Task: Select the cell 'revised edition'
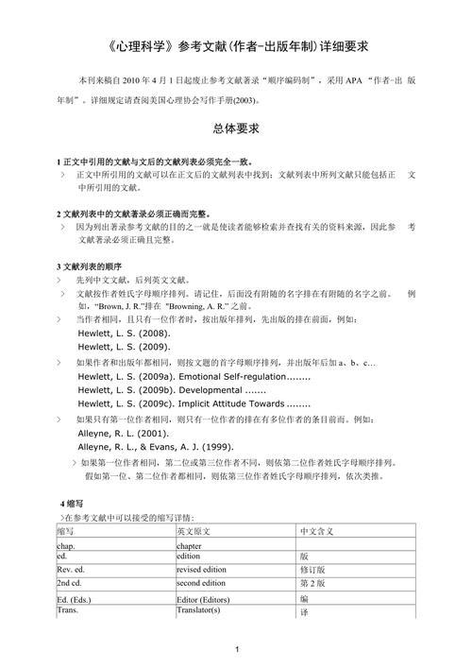202,570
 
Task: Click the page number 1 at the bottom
237,648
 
